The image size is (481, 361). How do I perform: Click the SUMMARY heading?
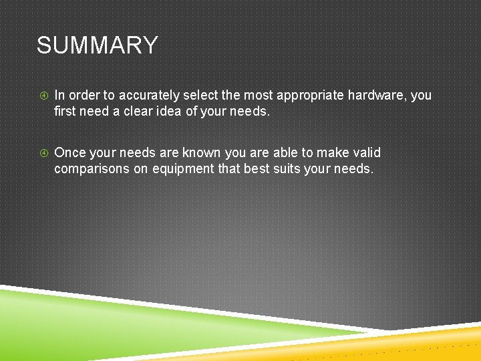click(98, 45)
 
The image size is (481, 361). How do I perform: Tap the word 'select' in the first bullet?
click(202, 95)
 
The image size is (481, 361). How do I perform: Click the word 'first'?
click(65, 111)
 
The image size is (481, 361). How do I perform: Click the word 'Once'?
click(69, 152)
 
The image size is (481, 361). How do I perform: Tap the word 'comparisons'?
click(92, 169)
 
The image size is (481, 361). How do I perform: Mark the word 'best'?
click(257, 168)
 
